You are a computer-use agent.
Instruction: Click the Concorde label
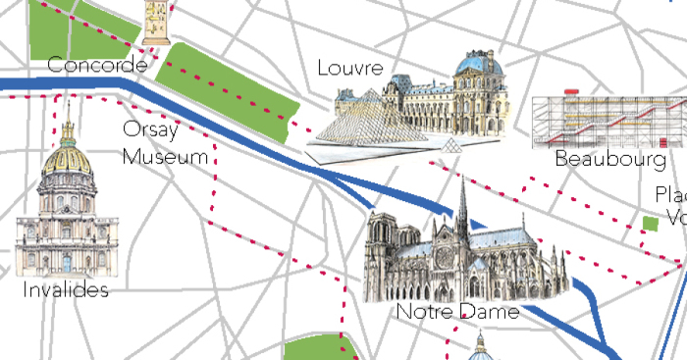pyautogui.click(x=97, y=66)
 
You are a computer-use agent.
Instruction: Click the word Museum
pyautogui.click(x=167, y=156)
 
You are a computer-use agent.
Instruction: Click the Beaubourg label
pyautogui.click(x=609, y=158)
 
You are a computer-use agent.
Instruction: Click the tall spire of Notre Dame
pyautogui.click(x=462, y=206)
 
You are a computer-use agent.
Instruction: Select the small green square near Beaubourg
pyautogui.click(x=650, y=224)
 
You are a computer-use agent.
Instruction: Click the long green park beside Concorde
pyautogui.click(x=231, y=88)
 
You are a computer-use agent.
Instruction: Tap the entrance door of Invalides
pyautogui.click(x=67, y=263)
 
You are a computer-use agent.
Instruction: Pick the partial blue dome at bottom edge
pyautogui.click(x=480, y=352)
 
